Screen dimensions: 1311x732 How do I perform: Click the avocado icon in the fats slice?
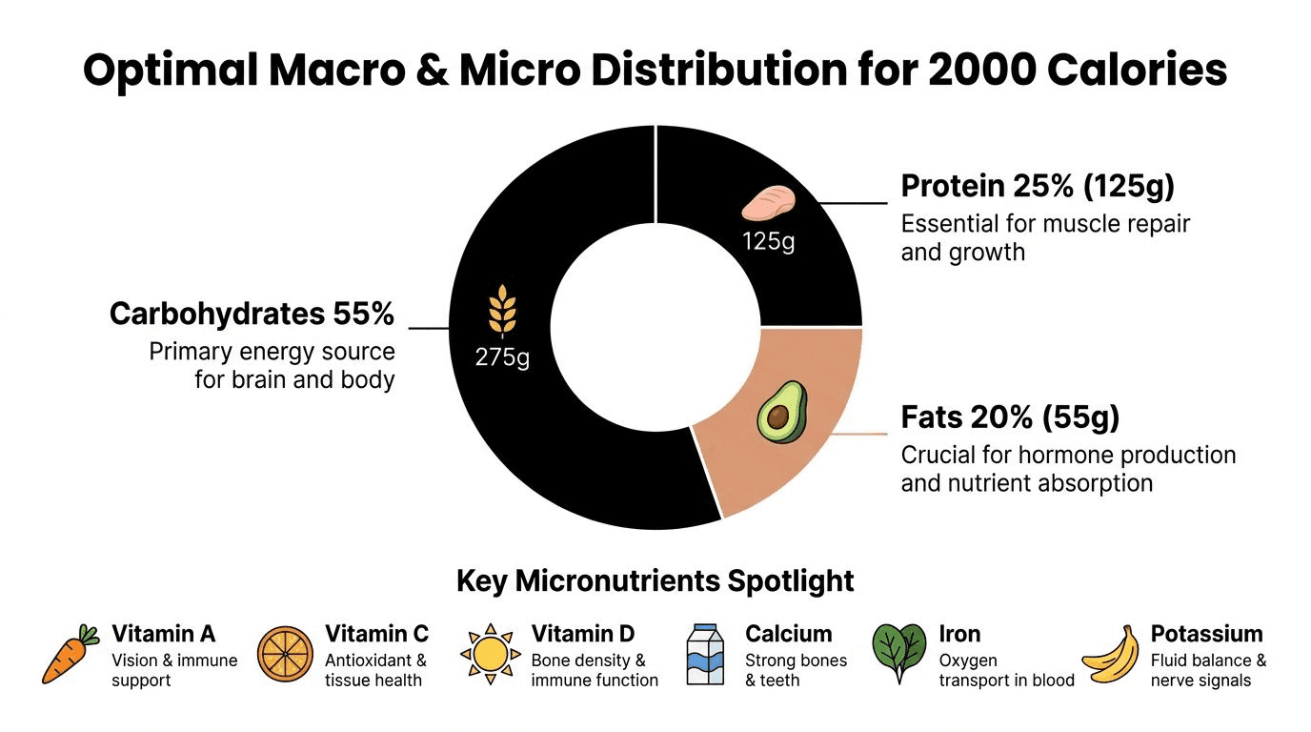[x=782, y=413]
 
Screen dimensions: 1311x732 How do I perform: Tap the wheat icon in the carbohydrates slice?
[x=502, y=311]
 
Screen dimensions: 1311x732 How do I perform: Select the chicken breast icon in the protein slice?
[x=769, y=203]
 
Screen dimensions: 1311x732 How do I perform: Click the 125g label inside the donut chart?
[x=769, y=241]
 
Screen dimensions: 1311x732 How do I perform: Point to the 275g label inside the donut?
[x=502, y=356]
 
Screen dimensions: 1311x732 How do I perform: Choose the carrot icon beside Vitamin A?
[x=71, y=654]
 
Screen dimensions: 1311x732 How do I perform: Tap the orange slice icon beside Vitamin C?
[x=285, y=654]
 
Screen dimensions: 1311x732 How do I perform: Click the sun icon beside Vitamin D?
[x=491, y=654]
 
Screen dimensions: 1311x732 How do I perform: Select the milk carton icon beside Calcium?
[x=705, y=654]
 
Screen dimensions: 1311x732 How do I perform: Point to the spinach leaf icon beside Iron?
[x=899, y=653]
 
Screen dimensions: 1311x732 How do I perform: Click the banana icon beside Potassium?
[x=1111, y=654]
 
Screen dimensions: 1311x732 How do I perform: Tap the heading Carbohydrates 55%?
[x=252, y=314]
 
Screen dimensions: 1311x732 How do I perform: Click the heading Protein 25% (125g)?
[x=1038, y=186]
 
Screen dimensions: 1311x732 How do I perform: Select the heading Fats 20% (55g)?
[x=1010, y=417]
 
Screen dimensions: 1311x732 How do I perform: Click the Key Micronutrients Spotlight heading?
[x=655, y=580]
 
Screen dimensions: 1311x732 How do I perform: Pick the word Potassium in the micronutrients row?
[x=1207, y=634]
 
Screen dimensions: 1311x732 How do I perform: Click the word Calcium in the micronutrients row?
[x=788, y=634]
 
